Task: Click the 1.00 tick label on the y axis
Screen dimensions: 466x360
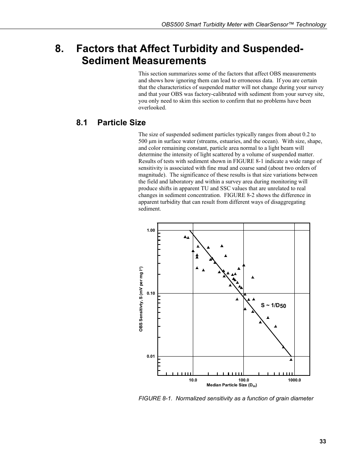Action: [151, 230]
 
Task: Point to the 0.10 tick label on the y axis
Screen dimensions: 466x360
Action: [151, 293]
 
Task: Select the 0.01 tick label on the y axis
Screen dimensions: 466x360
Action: [151, 356]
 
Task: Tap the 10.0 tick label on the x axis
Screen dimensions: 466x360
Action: [193, 380]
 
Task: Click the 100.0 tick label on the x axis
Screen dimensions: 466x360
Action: [243, 380]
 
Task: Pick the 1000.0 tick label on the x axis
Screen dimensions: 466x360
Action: [294, 380]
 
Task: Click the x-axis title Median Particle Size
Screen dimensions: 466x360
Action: [231, 385]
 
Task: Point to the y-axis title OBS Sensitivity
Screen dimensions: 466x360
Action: [141, 299]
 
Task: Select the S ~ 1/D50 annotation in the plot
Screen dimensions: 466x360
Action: [273, 305]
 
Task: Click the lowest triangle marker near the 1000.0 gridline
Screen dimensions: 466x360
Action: [291, 360]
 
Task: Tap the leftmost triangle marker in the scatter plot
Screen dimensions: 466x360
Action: [185, 237]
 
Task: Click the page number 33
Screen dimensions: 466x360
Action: [322, 442]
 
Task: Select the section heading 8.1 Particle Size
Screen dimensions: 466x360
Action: [111, 123]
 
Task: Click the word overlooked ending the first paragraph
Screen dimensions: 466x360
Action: [152, 108]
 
